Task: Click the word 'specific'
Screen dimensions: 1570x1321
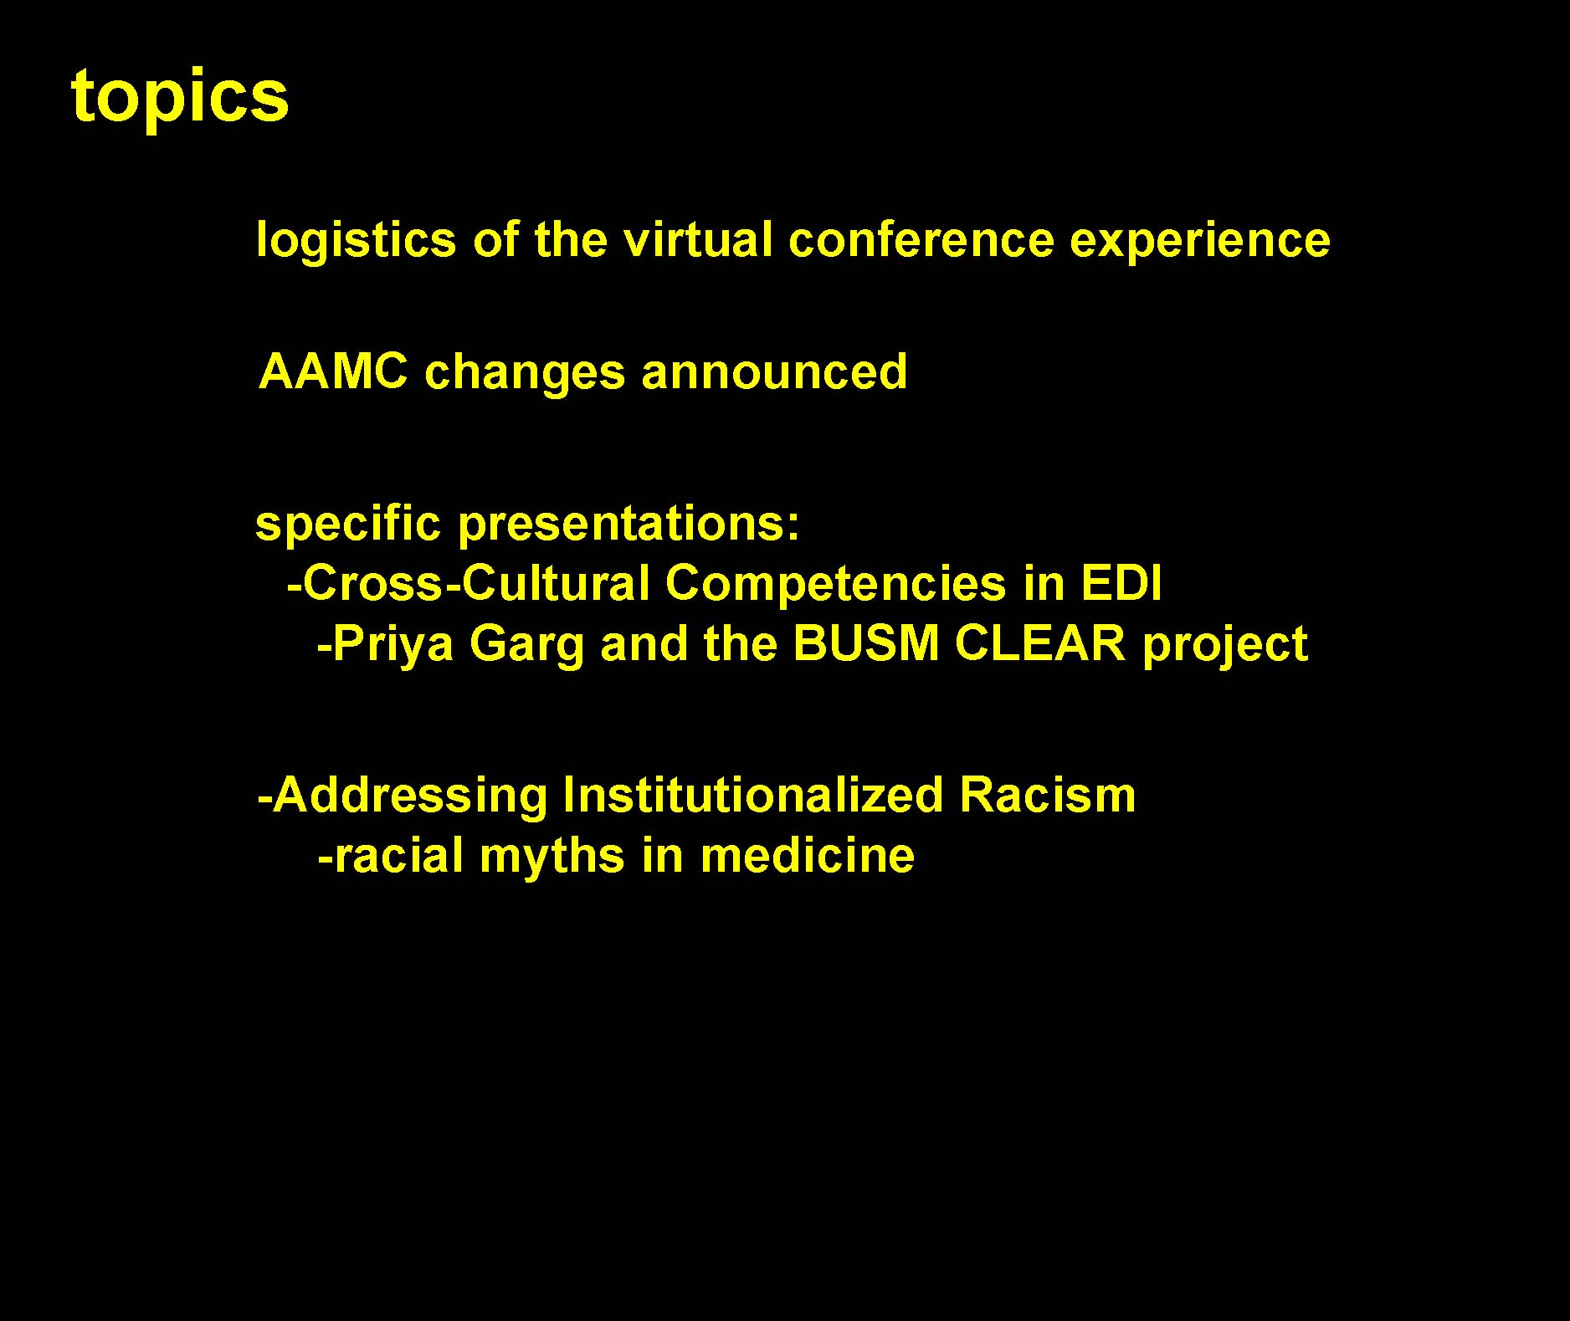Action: coord(347,526)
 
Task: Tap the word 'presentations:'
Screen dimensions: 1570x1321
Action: coord(629,526)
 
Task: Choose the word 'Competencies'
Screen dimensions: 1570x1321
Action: coord(835,585)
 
